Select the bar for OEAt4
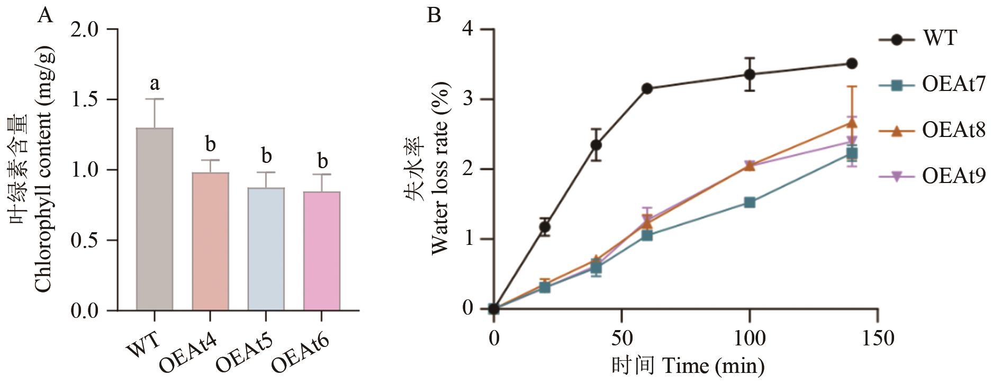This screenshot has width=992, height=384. [210, 241]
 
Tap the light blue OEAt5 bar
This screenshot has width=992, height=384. [266, 249]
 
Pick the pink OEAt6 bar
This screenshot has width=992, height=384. [321, 251]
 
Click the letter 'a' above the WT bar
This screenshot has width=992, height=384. [155, 83]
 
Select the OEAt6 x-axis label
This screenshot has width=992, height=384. [300, 352]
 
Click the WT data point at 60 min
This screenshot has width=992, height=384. [647, 88]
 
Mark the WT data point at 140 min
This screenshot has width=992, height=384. [852, 63]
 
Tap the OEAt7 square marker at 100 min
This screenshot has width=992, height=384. [750, 203]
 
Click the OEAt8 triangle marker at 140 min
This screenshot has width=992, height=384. [852, 123]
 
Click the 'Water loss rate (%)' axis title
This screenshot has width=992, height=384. [439, 168]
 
